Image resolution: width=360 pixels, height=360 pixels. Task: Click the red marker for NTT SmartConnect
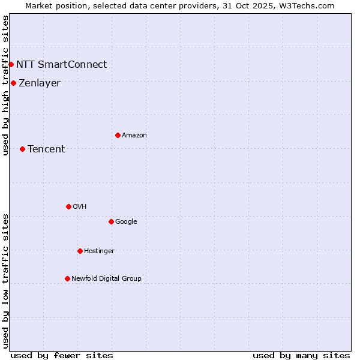point(11,64)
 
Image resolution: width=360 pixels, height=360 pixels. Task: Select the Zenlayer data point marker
point(13,83)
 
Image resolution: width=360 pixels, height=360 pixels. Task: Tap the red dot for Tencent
point(22,149)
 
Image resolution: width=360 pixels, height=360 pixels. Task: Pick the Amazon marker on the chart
point(118,135)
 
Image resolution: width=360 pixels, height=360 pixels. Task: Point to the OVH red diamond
point(68,206)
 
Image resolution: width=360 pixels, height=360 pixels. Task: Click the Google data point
point(111,221)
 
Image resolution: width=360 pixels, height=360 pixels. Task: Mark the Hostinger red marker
point(80,251)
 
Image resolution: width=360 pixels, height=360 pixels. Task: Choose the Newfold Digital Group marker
point(67,278)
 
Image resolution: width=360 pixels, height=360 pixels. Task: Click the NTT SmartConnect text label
point(61,64)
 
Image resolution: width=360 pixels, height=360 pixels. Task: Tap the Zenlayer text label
point(40,83)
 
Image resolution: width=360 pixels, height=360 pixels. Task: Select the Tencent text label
point(46,149)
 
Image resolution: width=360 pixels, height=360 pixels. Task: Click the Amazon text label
point(134,135)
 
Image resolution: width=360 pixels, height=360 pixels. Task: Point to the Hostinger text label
point(99,251)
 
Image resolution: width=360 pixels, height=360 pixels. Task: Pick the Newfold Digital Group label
point(106,278)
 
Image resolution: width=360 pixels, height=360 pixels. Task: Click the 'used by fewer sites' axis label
point(62,355)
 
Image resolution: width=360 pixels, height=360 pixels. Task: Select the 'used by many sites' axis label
point(301,355)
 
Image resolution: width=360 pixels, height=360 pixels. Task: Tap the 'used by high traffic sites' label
point(5,86)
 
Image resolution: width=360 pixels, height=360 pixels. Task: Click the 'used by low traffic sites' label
point(5,281)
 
